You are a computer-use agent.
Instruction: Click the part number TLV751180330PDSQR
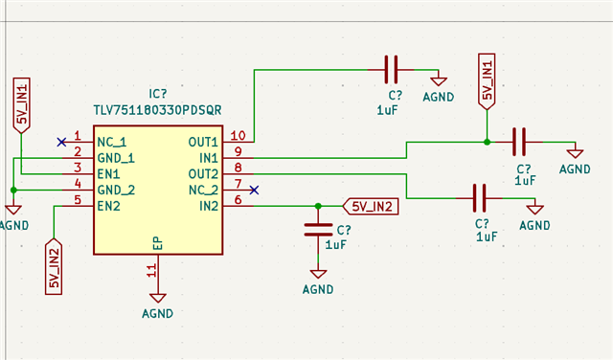click(157, 110)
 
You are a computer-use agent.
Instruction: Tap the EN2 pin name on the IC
click(108, 206)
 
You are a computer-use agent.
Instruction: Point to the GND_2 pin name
click(116, 190)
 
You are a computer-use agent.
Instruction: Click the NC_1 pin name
click(112, 142)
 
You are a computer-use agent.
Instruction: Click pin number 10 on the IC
click(238, 136)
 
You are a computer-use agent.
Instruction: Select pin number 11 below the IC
click(150, 271)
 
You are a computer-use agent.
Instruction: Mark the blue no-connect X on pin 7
click(253, 190)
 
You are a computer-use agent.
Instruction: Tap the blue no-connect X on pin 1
click(61, 142)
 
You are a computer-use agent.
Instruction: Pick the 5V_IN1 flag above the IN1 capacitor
click(487, 80)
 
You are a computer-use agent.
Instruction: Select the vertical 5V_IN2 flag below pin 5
click(55, 267)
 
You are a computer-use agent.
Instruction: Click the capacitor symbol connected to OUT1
click(390, 69)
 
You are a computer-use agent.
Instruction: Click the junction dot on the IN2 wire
click(318, 205)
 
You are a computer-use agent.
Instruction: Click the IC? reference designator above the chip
click(158, 95)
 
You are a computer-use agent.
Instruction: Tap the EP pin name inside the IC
click(157, 243)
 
